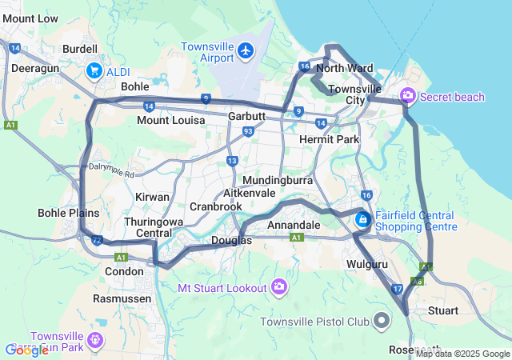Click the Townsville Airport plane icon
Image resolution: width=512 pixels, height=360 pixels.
[246, 53]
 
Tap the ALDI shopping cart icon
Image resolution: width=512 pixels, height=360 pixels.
[94, 70]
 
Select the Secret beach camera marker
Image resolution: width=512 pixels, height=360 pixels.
[408, 97]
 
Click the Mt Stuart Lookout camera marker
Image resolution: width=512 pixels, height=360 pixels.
[279, 286]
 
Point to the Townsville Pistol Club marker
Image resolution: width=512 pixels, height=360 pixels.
[382, 322]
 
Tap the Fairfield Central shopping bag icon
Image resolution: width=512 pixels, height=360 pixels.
[362, 218]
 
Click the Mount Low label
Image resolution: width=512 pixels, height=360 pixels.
[30, 18]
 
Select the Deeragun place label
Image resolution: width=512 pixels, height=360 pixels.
[31, 69]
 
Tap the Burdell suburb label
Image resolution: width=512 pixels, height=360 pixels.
[79, 49]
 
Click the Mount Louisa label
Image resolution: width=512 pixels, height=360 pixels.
[170, 120]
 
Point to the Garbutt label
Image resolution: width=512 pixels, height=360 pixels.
[246, 116]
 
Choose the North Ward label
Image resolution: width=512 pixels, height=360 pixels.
[344, 68]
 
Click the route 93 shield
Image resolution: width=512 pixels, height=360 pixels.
[249, 131]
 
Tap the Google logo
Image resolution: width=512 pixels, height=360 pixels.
[27, 350]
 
